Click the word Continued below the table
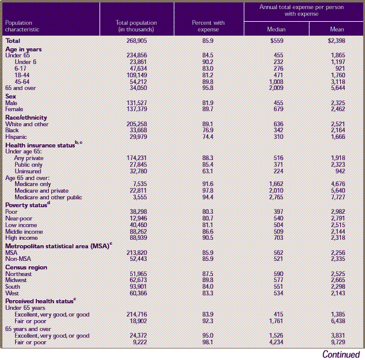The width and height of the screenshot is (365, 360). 341,354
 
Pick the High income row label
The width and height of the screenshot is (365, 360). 23,238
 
